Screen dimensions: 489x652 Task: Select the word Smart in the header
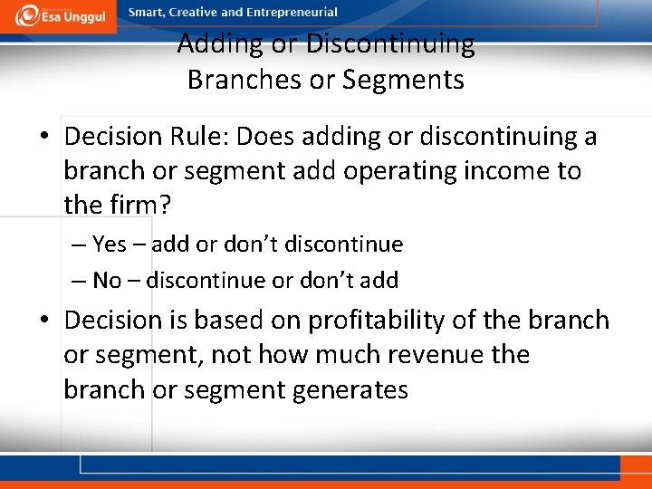[147, 13]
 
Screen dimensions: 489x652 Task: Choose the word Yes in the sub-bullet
[110, 244]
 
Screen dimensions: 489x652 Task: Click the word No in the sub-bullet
[107, 281]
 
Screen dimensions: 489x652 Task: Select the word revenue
[436, 355]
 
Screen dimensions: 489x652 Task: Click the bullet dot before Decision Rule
[44, 138]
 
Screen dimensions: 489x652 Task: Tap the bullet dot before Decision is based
[44, 321]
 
